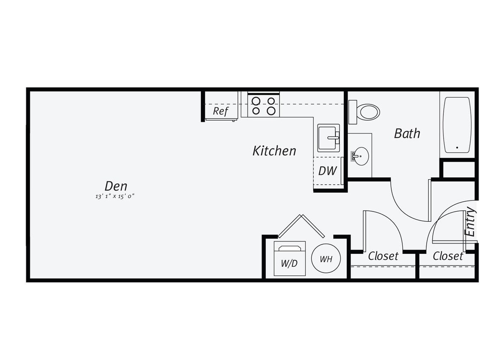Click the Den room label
click(116, 186)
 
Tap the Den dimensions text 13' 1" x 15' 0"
click(116, 197)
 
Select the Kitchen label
click(274, 151)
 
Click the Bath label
click(407, 134)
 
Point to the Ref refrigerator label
click(221, 111)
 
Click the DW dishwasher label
click(327, 171)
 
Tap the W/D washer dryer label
click(289, 263)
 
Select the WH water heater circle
click(326, 258)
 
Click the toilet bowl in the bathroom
click(369, 112)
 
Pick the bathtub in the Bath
click(457, 125)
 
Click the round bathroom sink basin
click(361, 156)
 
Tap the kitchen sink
click(329, 138)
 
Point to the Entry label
click(470, 221)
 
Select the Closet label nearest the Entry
click(448, 256)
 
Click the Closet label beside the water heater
click(383, 256)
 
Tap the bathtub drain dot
click(457, 148)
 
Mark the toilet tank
click(352, 112)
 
